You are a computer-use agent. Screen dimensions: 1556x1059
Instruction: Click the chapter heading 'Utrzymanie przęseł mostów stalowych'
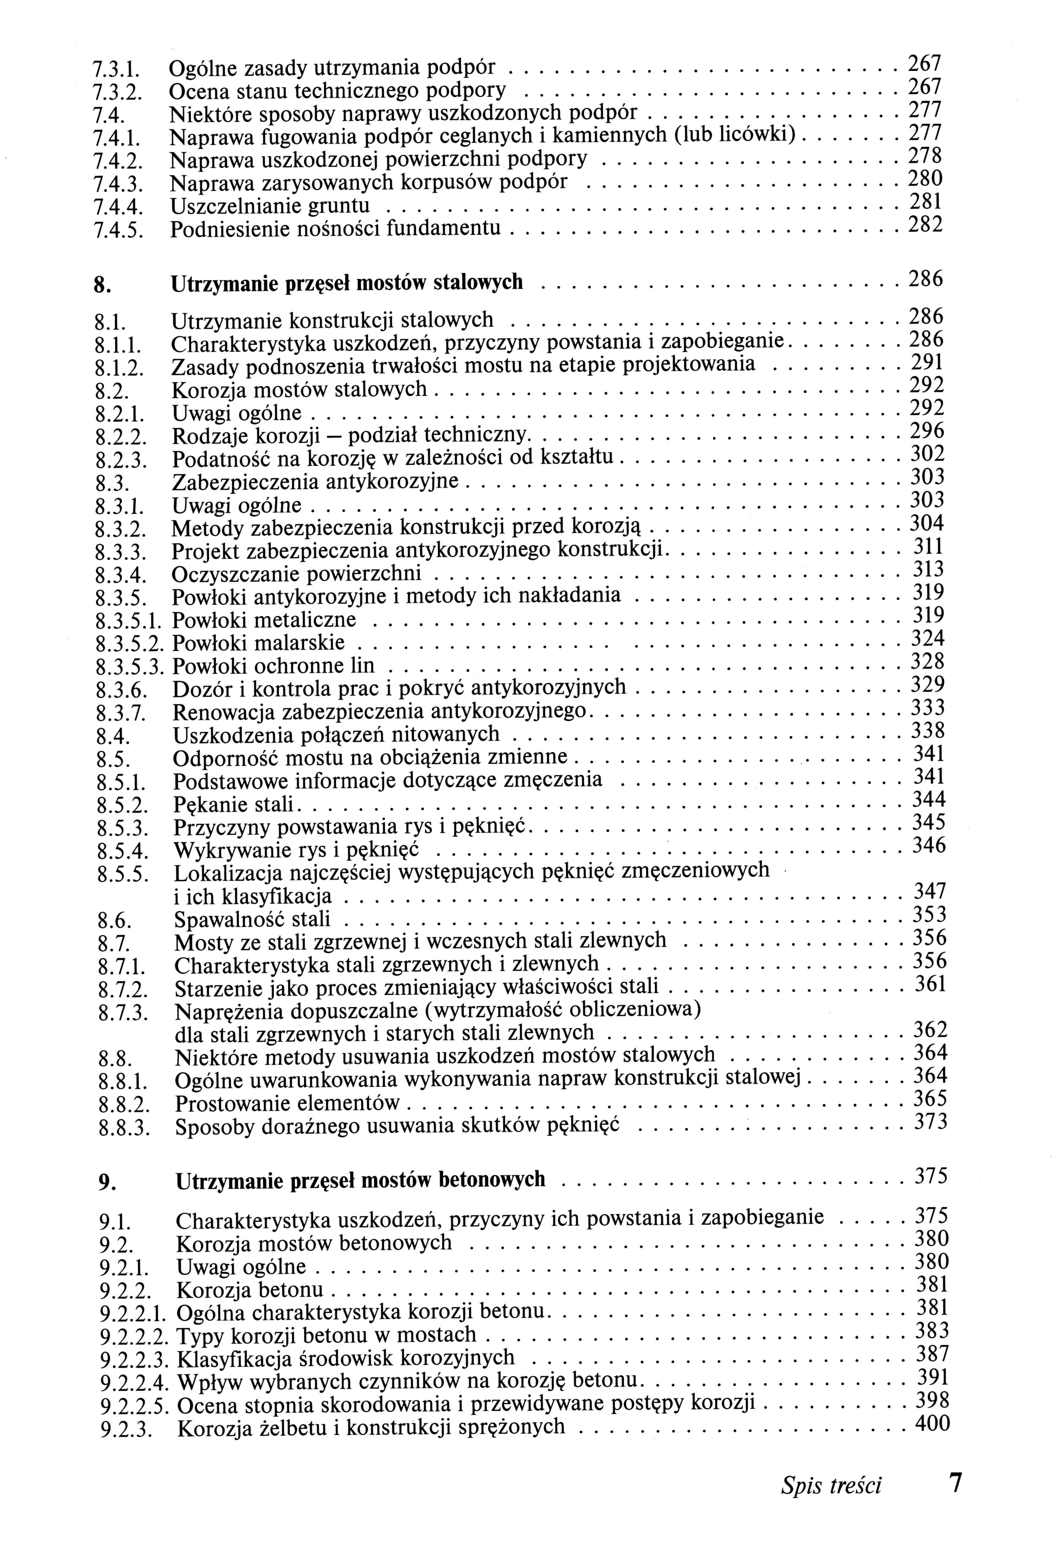(x=347, y=283)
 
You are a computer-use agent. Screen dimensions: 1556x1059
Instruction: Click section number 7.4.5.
(x=117, y=231)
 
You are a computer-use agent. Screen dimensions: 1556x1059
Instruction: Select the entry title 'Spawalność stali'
(x=252, y=920)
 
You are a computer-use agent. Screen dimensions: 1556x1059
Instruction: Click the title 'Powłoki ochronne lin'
(x=273, y=666)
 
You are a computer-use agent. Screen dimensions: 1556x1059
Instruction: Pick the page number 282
(x=925, y=226)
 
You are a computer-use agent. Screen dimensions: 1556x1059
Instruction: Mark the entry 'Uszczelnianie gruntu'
(x=270, y=206)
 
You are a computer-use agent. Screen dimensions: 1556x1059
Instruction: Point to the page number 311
(x=929, y=547)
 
